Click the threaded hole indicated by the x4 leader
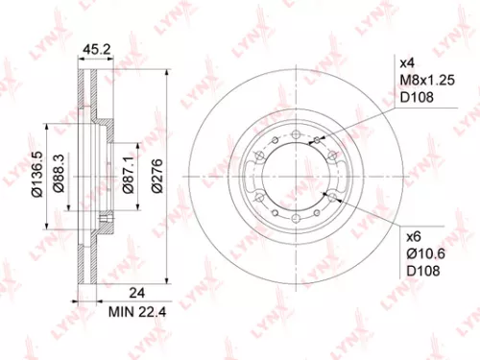coord(317,142)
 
